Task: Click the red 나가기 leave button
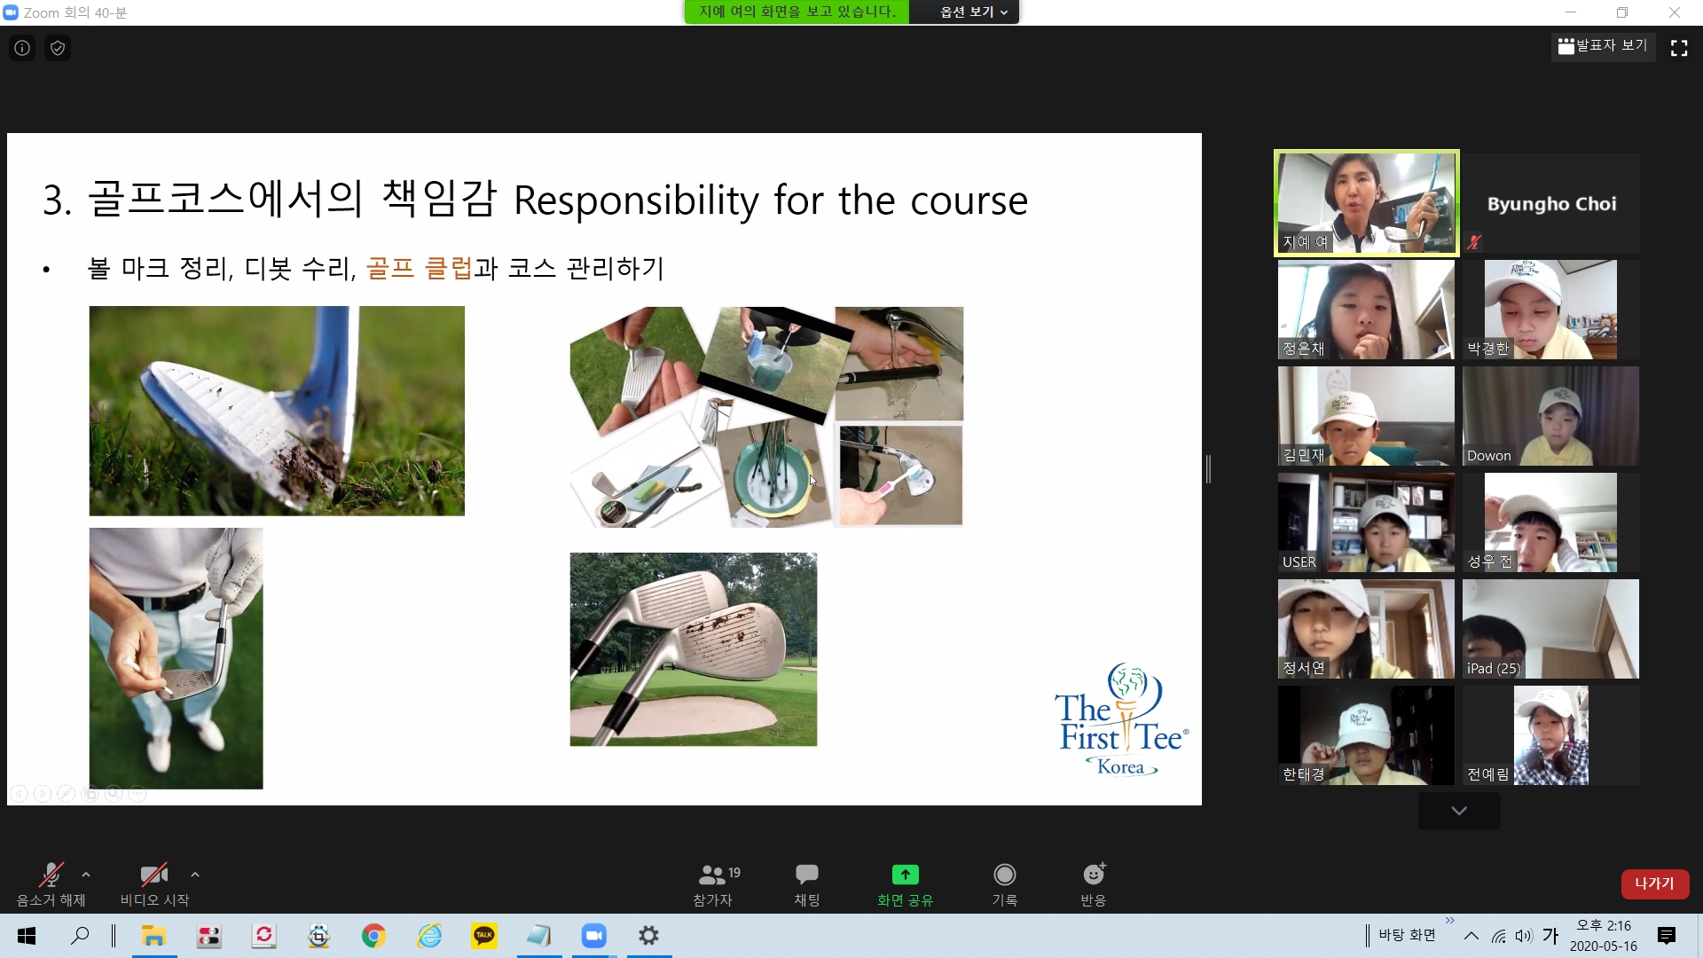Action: [x=1654, y=883]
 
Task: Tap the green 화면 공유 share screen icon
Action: [x=905, y=875]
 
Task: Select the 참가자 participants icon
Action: [x=712, y=875]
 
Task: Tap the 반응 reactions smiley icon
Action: [x=1094, y=875]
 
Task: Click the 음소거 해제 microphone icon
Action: [x=51, y=875]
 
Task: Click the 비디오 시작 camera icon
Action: [x=154, y=875]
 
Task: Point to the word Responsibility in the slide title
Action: [x=636, y=200]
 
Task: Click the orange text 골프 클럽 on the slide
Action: [x=419, y=268]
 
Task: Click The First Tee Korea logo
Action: [x=1121, y=720]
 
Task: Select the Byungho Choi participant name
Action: [x=1551, y=204]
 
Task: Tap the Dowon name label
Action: [x=1488, y=456]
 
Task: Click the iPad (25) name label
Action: [x=1494, y=669]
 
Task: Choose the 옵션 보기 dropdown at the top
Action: [x=973, y=12]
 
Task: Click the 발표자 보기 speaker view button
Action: [x=1603, y=46]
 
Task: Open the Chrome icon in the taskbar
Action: [x=373, y=936]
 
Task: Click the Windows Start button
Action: [x=27, y=936]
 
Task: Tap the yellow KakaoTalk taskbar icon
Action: [x=484, y=936]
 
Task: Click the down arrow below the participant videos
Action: [x=1459, y=811]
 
